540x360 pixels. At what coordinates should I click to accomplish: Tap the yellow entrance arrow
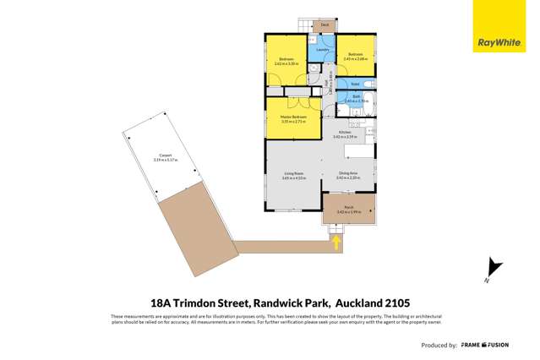[336, 243]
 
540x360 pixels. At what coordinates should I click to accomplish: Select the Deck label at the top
[325, 25]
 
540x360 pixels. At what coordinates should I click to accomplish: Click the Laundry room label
[321, 50]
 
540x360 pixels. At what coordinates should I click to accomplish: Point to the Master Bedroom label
[292, 117]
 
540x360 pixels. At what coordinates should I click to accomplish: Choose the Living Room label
[292, 175]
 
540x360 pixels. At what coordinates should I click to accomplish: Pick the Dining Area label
[348, 175]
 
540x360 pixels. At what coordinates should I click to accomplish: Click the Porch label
[348, 207]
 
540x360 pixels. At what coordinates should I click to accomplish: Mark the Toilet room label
[356, 84]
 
